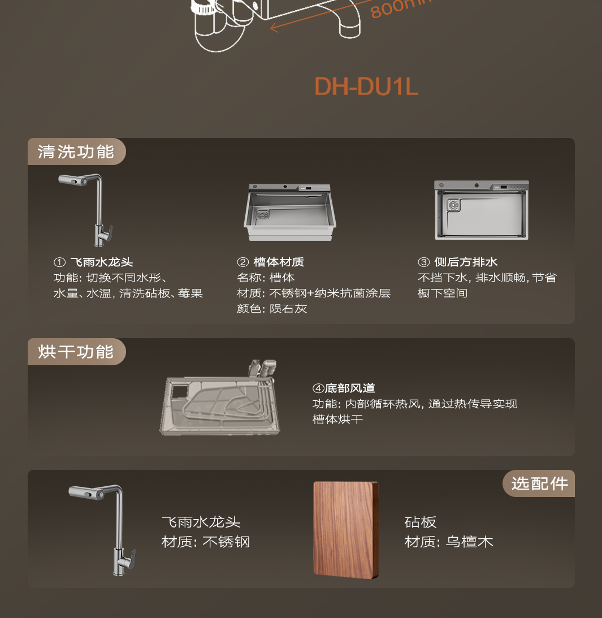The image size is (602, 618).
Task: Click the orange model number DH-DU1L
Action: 366,87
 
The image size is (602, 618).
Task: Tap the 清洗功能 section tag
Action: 76,152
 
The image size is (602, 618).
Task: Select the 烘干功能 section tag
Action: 76,352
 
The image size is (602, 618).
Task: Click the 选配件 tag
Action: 539,483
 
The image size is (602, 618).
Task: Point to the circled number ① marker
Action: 59,262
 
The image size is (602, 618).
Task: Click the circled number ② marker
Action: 242,262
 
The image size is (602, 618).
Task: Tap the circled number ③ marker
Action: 423,262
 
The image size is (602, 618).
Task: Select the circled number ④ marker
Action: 318,388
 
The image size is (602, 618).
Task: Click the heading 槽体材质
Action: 279,262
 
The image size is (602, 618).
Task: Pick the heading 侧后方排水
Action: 466,262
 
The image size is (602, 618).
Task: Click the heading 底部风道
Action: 350,388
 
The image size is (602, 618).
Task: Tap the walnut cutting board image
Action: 346,530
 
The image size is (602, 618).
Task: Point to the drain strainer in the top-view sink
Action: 453,205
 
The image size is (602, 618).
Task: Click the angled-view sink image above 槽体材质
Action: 290,212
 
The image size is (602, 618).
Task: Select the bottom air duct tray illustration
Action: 220,398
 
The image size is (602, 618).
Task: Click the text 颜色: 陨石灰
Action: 272,309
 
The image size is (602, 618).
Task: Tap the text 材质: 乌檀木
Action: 449,542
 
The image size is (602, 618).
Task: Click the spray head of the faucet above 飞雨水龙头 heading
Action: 73,180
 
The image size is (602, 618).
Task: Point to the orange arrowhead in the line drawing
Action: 275,27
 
